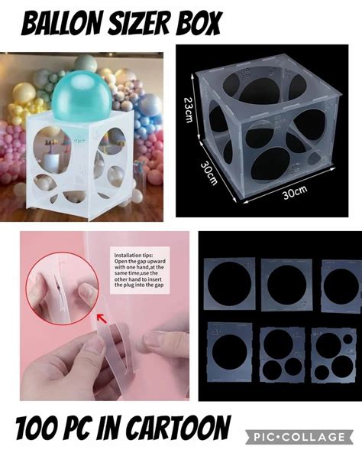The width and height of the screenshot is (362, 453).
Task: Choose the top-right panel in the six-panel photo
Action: (339, 284)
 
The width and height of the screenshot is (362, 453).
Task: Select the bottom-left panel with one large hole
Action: (229, 351)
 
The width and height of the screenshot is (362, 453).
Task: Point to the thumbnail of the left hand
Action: (94, 345)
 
